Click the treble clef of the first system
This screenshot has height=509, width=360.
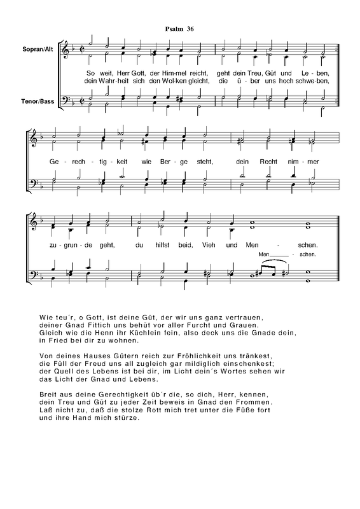(65, 50)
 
